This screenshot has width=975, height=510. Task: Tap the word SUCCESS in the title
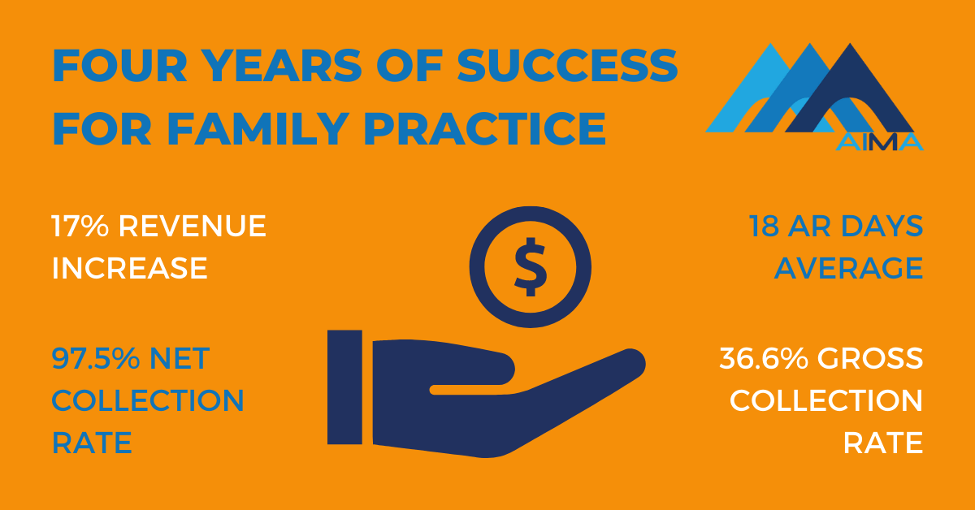pyautogui.click(x=567, y=66)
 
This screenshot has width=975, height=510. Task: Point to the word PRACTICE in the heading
pyautogui.click(x=485, y=129)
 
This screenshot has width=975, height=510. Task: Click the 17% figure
pyautogui.click(x=80, y=226)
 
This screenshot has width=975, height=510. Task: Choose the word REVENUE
pyautogui.click(x=192, y=226)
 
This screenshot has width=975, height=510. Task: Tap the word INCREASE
pyautogui.click(x=129, y=268)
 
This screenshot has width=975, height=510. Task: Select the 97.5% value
pyautogui.click(x=96, y=359)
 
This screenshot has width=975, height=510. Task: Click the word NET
pyautogui.click(x=180, y=359)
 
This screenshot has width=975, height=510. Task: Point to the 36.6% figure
pyautogui.click(x=764, y=359)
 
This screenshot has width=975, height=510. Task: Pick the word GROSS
pyautogui.click(x=870, y=359)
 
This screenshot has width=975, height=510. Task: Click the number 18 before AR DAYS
pyautogui.click(x=764, y=226)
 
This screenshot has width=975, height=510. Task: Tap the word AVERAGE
pyautogui.click(x=849, y=268)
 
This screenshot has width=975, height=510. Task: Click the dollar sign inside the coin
pyautogui.click(x=531, y=266)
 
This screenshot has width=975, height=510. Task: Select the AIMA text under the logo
pyautogui.click(x=880, y=142)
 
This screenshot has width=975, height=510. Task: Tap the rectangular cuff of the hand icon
pyautogui.click(x=344, y=387)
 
